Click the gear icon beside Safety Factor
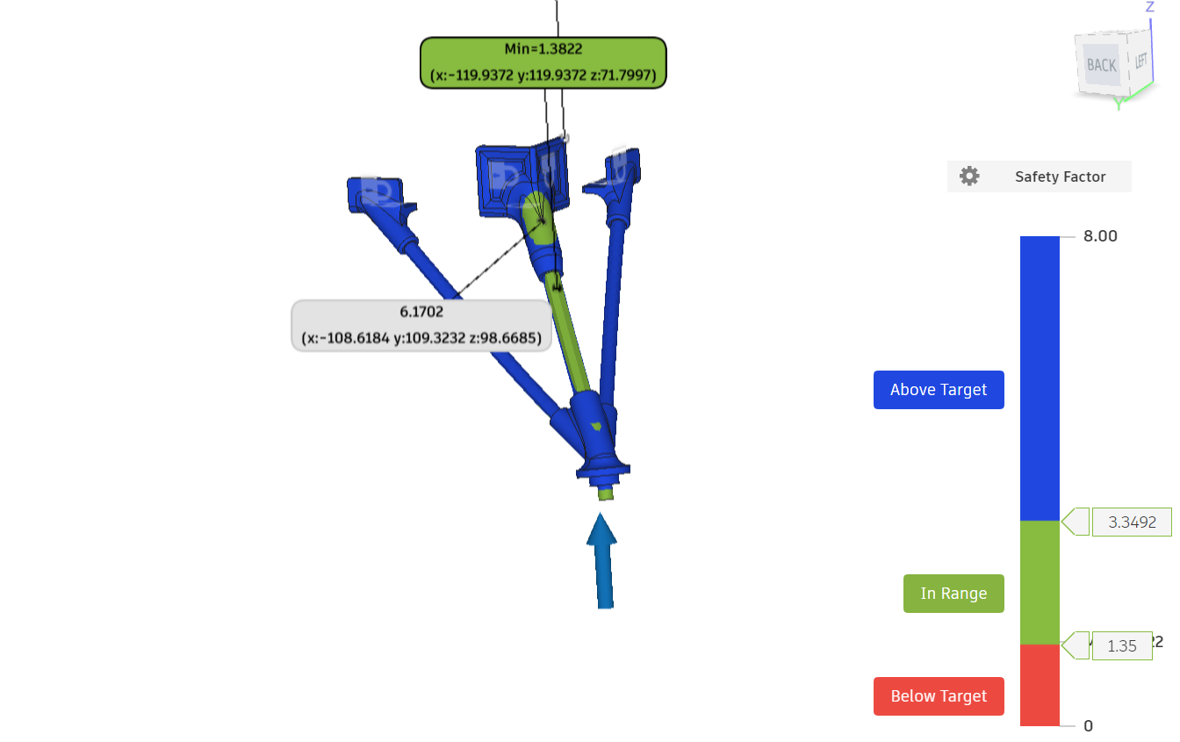pyautogui.click(x=969, y=176)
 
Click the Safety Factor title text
pyautogui.click(x=1060, y=176)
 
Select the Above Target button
pyautogui.click(x=939, y=390)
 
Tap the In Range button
pyautogui.click(x=953, y=594)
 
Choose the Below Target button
pyautogui.click(x=939, y=696)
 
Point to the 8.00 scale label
pyautogui.click(x=1100, y=236)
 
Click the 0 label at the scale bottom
pyautogui.click(x=1089, y=726)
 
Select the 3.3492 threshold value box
pyautogui.click(x=1132, y=522)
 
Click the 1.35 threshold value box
pyautogui.click(x=1122, y=645)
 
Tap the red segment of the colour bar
pyautogui.click(x=1040, y=685)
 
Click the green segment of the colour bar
pyautogui.click(x=1040, y=582)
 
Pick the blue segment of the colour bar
pyautogui.click(x=1040, y=378)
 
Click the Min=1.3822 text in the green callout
pyautogui.click(x=543, y=49)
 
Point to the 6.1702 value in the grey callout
pyautogui.click(x=421, y=312)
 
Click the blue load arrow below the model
pyautogui.click(x=602, y=561)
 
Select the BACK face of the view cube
pyautogui.click(x=1102, y=65)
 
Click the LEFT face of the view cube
pyautogui.click(x=1141, y=61)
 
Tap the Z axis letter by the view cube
pyautogui.click(x=1150, y=7)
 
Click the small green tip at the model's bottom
pyautogui.click(x=606, y=493)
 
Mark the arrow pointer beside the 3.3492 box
pyautogui.click(x=1076, y=522)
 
